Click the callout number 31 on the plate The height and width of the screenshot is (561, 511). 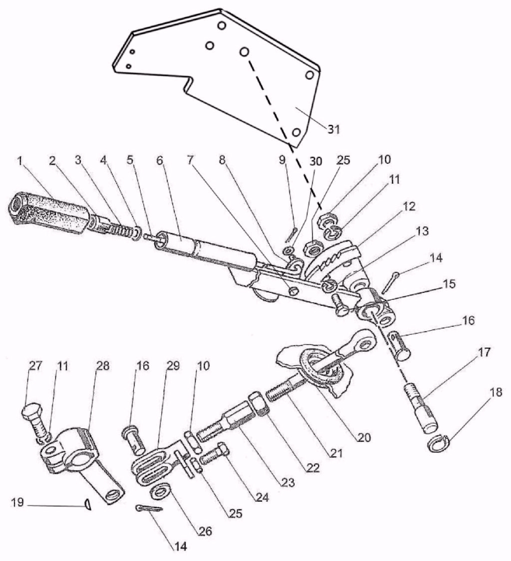333,130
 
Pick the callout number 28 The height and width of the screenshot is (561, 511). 102,366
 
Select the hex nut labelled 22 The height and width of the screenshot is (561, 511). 259,404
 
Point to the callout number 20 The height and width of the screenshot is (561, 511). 364,438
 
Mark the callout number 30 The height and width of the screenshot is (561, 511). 316,161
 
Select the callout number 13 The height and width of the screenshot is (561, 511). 422,231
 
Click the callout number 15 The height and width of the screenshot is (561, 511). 449,284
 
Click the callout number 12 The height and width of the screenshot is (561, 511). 408,206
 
